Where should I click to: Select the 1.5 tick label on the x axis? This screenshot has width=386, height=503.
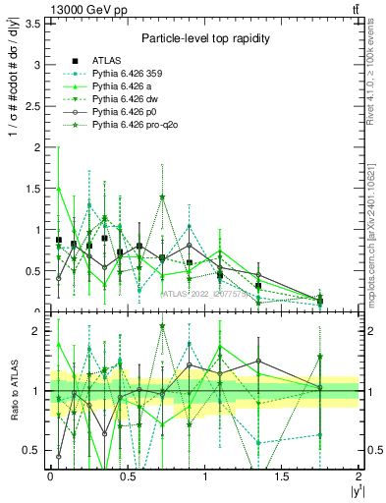pyautogui.click(x=282, y=475)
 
